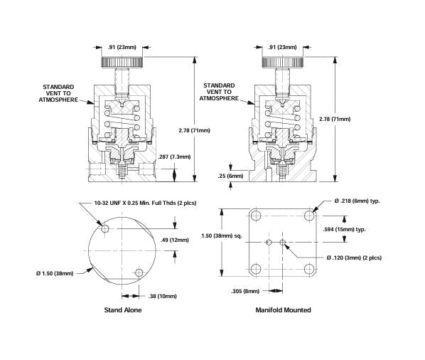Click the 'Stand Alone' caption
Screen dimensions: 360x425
[x=122, y=310]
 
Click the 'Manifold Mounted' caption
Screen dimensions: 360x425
[x=284, y=310]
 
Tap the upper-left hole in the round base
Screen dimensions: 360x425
[x=107, y=230]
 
